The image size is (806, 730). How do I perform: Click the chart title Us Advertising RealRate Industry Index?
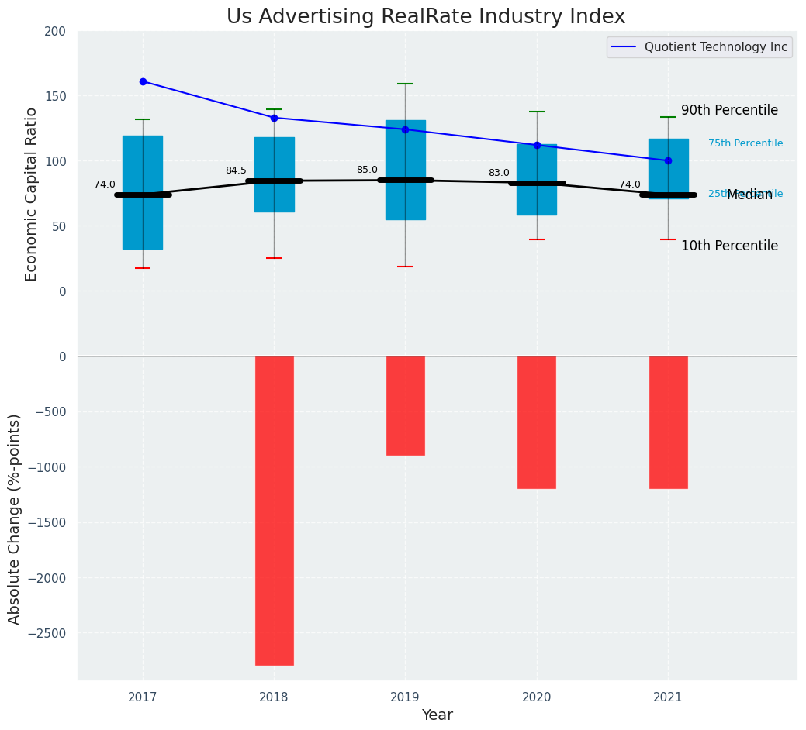pos(425,17)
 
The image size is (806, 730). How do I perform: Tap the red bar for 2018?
pos(274,510)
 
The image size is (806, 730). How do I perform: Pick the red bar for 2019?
pos(405,405)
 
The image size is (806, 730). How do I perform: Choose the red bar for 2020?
pos(537,422)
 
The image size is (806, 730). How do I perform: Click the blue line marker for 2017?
pos(143,81)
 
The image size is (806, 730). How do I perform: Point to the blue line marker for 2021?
pos(668,160)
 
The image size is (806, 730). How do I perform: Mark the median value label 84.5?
pos(236,170)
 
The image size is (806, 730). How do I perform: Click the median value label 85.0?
pos(367,170)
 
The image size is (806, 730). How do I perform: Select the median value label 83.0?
pos(499,173)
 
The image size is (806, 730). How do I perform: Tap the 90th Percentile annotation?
pos(729,110)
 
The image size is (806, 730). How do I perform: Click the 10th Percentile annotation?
pos(729,246)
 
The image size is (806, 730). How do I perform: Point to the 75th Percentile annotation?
pos(745,143)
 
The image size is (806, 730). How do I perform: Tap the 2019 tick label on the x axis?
pos(405,697)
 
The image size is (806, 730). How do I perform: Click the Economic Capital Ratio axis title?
pos(32,194)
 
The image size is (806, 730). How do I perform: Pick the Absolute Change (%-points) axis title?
pos(15,518)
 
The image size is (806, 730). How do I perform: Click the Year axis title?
pos(437,715)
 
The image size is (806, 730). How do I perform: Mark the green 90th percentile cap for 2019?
pos(405,84)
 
